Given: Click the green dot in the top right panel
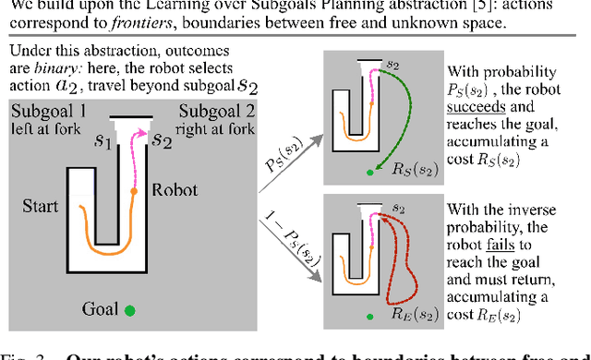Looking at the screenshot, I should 370,172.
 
